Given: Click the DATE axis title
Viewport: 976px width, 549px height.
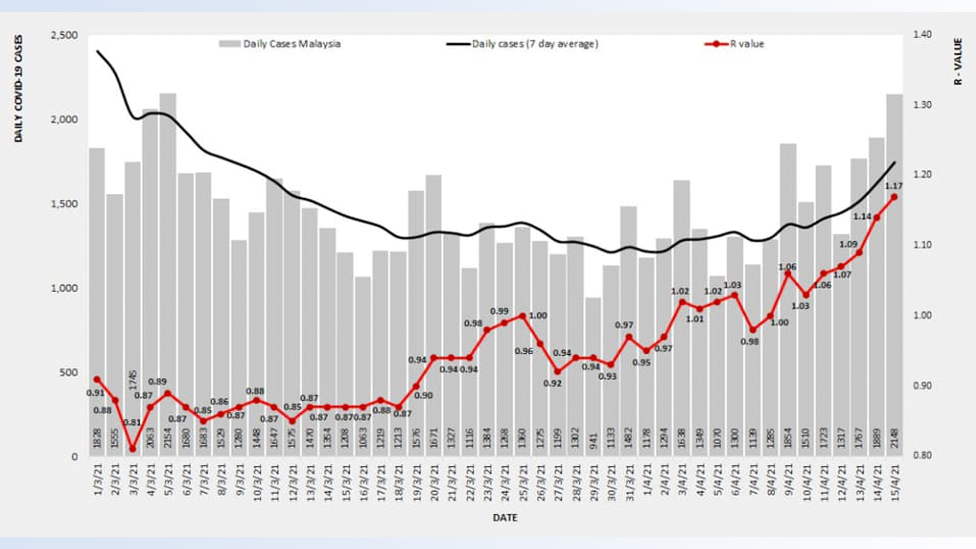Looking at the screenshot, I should click(x=505, y=517).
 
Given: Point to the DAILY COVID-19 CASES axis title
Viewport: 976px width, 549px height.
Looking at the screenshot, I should click(x=19, y=88).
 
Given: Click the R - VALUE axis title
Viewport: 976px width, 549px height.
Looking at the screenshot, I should click(x=958, y=62).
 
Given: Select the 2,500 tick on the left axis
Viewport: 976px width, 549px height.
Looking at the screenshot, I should click(x=65, y=35).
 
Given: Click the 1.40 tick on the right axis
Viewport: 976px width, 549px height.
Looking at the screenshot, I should click(x=922, y=35).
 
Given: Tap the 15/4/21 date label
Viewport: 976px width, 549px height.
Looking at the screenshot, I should click(x=895, y=482).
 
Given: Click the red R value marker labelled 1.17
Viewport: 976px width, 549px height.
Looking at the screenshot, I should click(x=894, y=197).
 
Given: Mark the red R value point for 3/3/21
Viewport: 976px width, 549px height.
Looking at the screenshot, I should click(x=133, y=449).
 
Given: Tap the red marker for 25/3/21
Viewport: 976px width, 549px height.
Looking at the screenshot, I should click(x=522, y=316).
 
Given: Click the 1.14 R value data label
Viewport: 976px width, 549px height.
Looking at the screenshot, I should click(x=862, y=217).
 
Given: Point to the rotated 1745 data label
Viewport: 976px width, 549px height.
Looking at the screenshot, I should click(x=133, y=380).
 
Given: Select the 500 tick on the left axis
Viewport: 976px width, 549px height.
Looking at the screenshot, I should click(x=69, y=373).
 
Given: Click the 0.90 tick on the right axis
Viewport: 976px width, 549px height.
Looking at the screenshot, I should click(x=922, y=385).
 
